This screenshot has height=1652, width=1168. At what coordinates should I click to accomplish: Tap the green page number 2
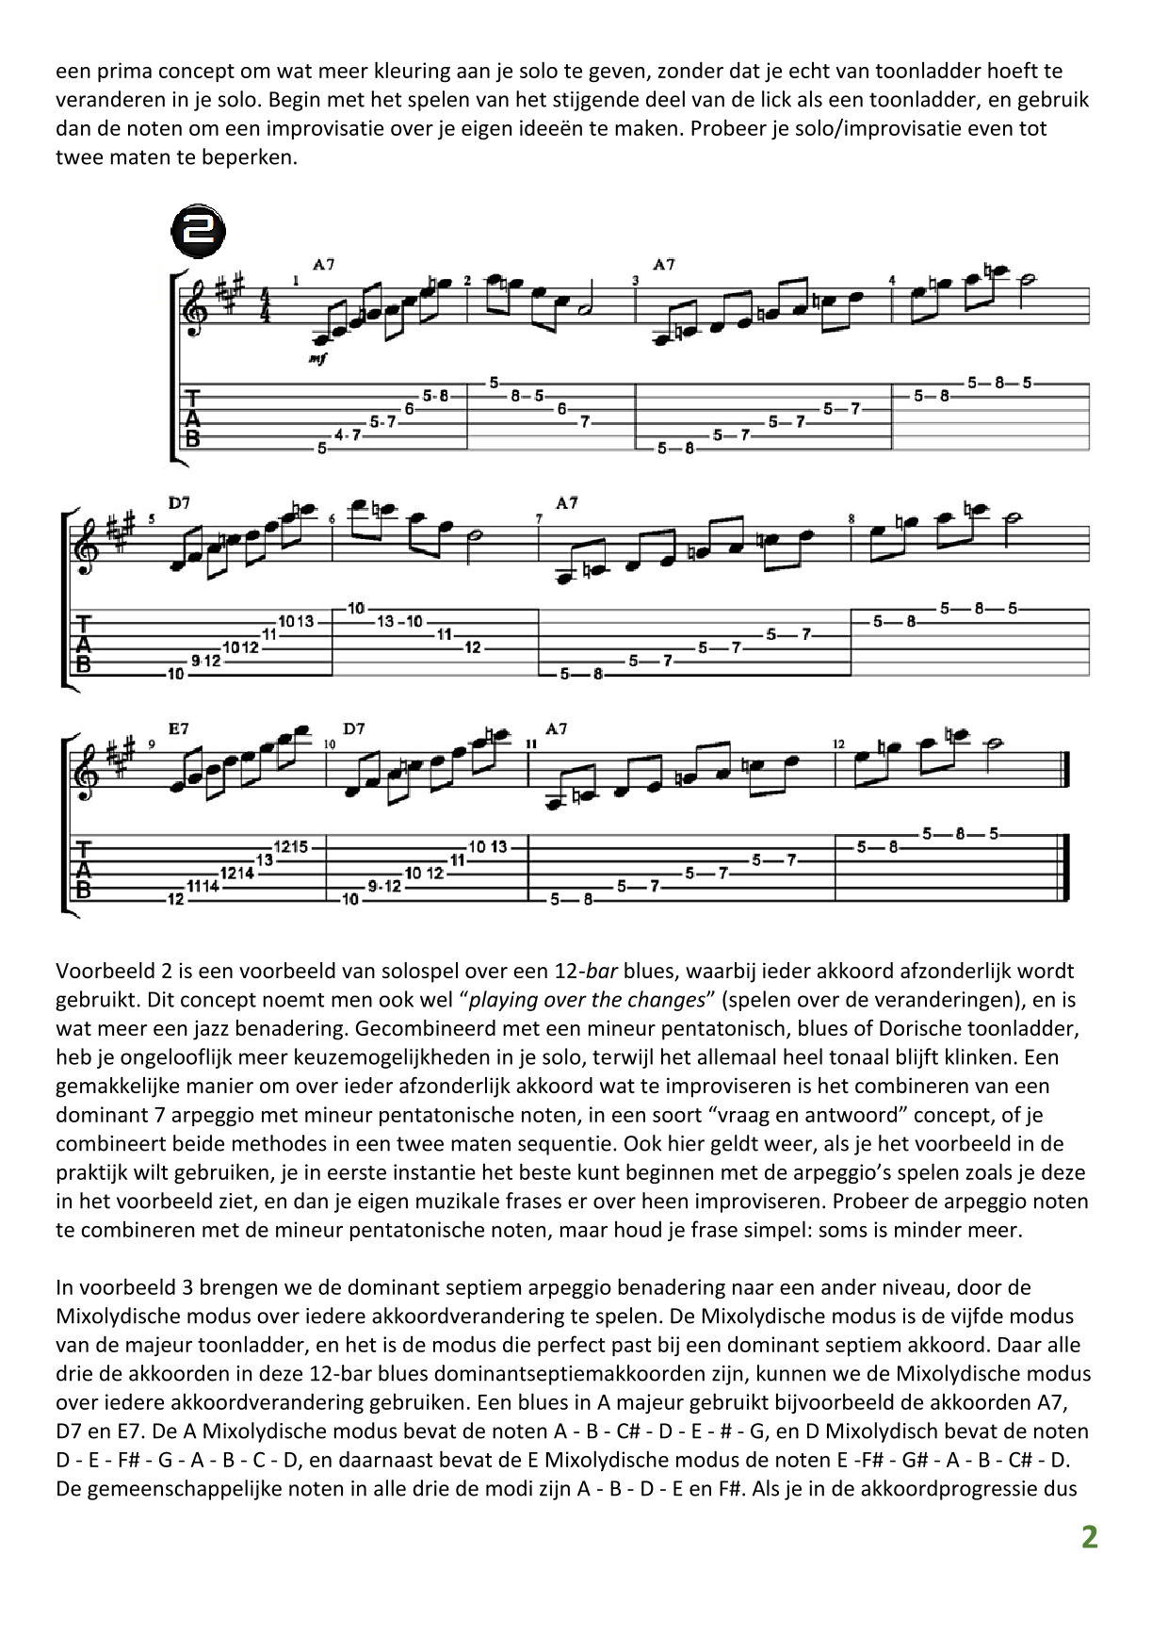pyautogui.click(x=1089, y=1537)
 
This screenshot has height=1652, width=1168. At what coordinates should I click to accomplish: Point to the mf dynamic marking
pyautogui.click(x=318, y=359)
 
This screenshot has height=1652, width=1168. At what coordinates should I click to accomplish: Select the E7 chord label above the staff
pyautogui.click(x=179, y=728)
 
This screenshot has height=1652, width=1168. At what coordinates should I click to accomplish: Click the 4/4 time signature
pyautogui.click(x=265, y=306)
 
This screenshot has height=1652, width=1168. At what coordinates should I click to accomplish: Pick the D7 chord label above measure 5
pyautogui.click(x=179, y=503)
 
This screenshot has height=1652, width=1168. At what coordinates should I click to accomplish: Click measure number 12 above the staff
pyautogui.click(x=839, y=744)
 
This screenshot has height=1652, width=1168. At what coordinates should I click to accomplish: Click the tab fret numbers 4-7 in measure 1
pyautogui.click(x=348, y=435)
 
